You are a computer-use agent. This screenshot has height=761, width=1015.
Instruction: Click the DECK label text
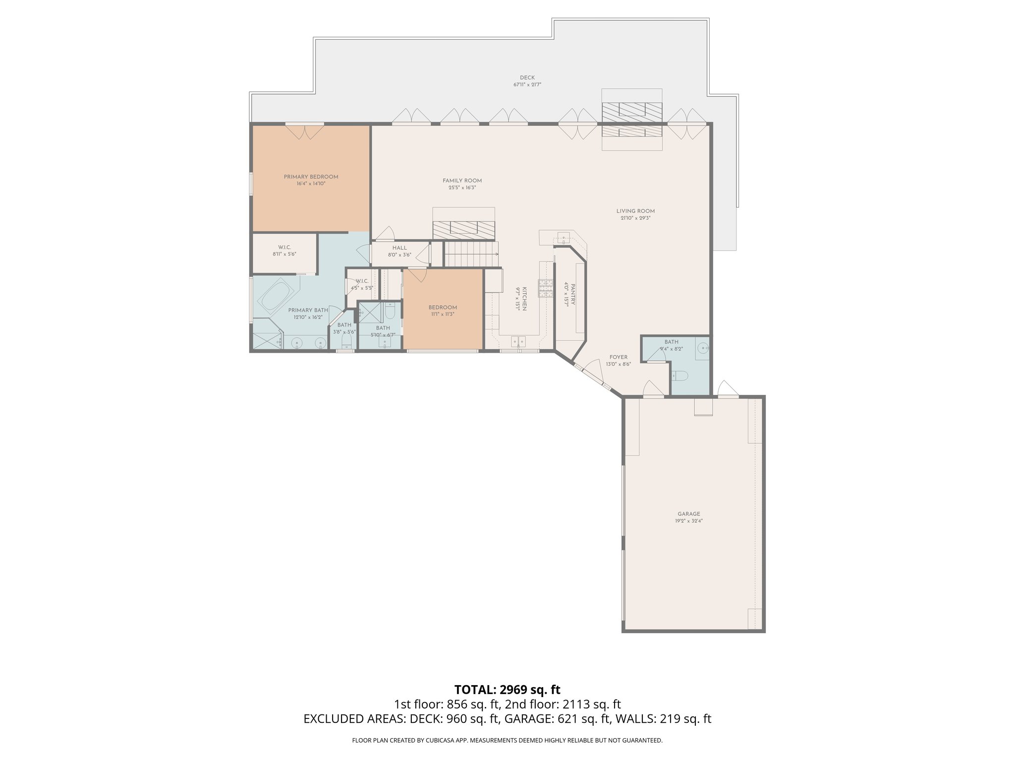[527, 78]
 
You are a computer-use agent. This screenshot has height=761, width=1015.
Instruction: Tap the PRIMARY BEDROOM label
[311, 177]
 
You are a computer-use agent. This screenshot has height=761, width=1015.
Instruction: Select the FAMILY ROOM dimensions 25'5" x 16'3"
[462, 188]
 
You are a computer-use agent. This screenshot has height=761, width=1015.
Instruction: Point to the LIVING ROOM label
[635, 211]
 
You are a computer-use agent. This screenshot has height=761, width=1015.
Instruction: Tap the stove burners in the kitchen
[546, 289]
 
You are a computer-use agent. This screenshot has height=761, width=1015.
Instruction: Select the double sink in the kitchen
[519, 341]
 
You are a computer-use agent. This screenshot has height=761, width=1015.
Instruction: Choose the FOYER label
[618, 357]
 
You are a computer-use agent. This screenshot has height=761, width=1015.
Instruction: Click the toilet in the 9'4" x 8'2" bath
[680, 376]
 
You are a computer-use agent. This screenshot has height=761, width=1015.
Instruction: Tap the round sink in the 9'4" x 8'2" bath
[703, 348]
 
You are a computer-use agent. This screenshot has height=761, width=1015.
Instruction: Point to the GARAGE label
[689, 514]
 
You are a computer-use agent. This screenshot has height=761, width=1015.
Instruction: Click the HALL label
[399, 248]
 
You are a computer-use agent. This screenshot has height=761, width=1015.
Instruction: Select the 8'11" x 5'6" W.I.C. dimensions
[284, 254]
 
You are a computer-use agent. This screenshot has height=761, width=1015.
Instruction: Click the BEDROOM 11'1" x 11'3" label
[443, 308]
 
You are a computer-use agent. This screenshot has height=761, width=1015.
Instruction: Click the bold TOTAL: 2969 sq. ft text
[507, 689]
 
